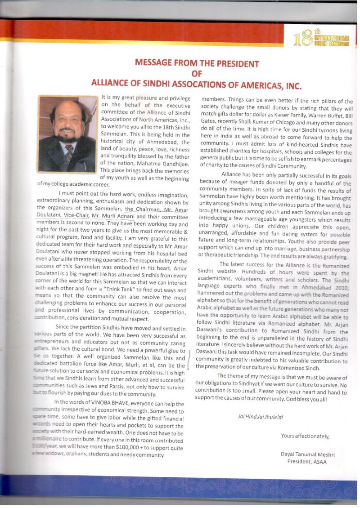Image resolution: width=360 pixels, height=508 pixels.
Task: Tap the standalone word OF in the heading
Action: click(197, 73)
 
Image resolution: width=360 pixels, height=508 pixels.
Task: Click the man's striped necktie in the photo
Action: click(68, 155)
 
